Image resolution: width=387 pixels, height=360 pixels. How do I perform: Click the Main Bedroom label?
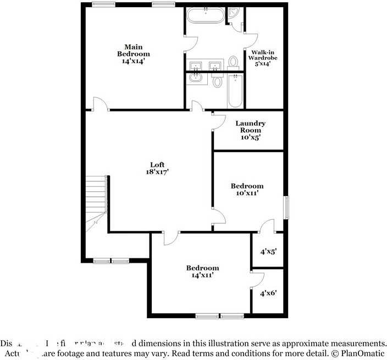point(133,54)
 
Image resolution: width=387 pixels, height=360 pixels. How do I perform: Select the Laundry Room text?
point(250,130)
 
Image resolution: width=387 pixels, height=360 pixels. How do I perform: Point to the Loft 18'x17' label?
point(157,168)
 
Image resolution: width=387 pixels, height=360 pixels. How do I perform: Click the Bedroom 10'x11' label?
point(246,190)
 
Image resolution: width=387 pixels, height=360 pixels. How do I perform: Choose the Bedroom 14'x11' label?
point(202,272)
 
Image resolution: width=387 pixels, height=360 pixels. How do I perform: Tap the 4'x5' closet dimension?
point(268,251)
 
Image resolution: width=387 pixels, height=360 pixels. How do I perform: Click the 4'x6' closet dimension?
point(268,293)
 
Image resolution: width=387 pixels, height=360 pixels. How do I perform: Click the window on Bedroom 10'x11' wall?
point(286,207)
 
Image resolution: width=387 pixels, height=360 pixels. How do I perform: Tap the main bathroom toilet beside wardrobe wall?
point(233,62)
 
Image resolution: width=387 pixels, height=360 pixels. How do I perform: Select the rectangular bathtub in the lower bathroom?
point(235,91)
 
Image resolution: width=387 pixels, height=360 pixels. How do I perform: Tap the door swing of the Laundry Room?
point(219,121)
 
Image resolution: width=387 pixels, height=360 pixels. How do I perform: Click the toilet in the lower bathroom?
point(217,82)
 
